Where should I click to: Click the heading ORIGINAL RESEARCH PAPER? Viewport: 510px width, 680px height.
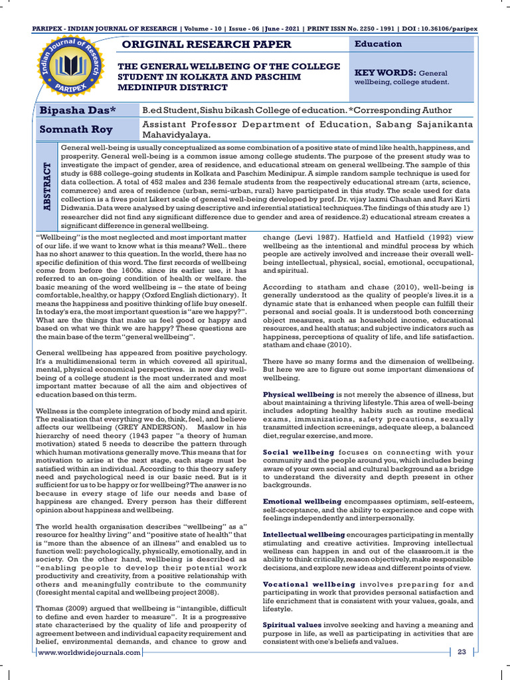[204, 44]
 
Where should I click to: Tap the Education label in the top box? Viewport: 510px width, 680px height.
[379, 44]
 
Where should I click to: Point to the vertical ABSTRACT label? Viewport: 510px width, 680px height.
[46, 187]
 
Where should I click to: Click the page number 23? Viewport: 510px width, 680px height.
[462, 653]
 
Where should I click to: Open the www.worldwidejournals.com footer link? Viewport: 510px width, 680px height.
[90, 653]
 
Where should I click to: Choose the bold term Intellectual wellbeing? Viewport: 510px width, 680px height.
[303, 534]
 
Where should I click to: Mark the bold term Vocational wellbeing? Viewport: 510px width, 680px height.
[301, 584]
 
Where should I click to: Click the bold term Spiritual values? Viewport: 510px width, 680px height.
[292, 625]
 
